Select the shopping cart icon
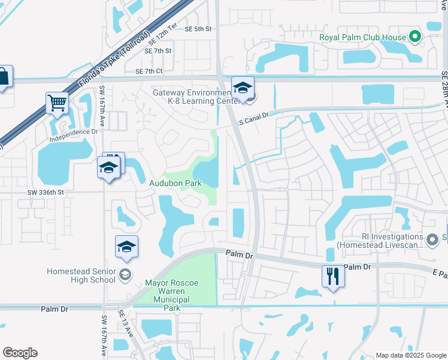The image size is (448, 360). click(57, 103)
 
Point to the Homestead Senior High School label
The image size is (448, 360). click(81, 275)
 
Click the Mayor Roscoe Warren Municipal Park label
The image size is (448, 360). click(171, 295)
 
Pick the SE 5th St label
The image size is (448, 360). click(199, 29)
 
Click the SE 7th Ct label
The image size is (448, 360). click(149, 71)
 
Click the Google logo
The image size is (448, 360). click(20, 353)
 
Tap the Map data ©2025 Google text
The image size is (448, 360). click(410, 355)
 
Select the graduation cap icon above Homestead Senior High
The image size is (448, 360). click(127, 247)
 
